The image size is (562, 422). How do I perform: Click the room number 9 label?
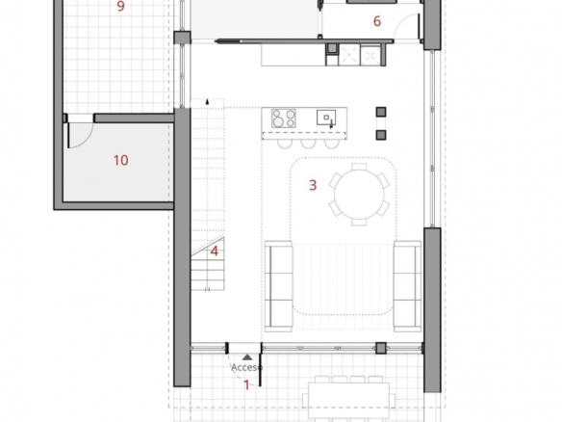coord(121,6)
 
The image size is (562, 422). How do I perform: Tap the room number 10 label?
coord(121,160)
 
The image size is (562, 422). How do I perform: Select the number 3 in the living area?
coord(313,185)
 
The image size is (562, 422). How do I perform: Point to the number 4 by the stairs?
coord(215,251)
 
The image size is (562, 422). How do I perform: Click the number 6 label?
coord(376,21)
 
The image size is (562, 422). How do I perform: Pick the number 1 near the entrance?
coord(246,385)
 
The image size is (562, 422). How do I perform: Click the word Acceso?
coord(247,367)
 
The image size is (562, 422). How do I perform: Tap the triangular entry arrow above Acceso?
coord(247,357)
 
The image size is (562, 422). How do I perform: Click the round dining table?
coord(359,195)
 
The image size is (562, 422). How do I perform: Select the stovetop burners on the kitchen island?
coord(284,119)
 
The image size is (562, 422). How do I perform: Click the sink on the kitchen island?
coord(326,118)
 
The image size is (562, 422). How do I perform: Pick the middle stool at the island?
coord(308,144)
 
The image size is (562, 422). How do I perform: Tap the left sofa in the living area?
coord(278,286)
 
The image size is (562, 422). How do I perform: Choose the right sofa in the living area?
coord(407,286)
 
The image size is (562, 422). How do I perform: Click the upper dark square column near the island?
coord(381,112)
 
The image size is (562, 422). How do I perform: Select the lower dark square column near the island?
coord(381,135)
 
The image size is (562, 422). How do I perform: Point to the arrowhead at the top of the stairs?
coord(207,101)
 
